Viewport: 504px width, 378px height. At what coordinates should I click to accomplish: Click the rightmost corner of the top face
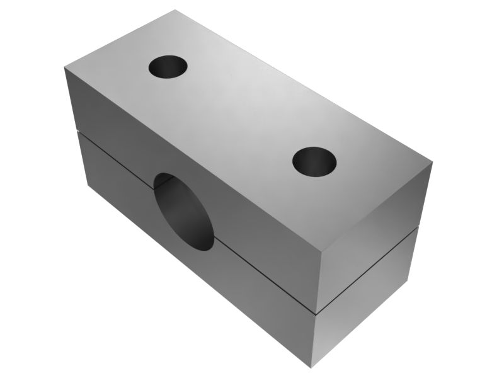point(433,163)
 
